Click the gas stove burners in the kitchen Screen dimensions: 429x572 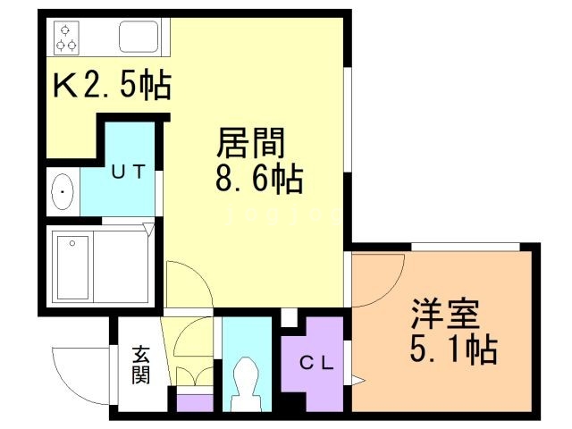[x=65, y=37]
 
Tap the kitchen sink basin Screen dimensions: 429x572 [x=139, y=38]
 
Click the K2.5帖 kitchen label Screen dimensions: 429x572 [x=113, y=87]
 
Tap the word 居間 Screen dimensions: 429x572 [x=251, y=144]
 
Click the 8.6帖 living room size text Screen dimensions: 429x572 [x=258, y=180]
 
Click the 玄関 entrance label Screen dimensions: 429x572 [x=141, y=364]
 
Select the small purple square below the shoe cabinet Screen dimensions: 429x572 [x=195, y=401]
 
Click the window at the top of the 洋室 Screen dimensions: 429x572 [x=466, y=246]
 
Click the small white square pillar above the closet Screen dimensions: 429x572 [x=288, y=317]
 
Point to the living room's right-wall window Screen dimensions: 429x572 [x=348, y=125]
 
